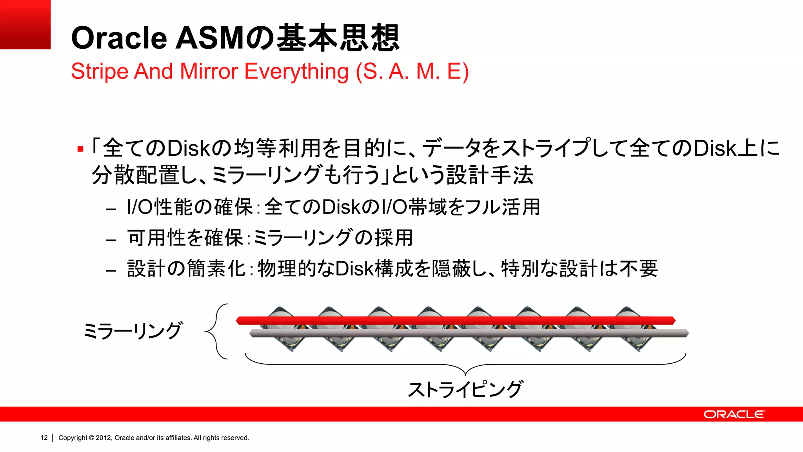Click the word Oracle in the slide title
pos(119,38)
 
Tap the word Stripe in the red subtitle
pos(100,71)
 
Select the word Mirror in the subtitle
pos(209,71)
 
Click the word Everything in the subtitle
pos(296,71)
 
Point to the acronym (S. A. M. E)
pos(412,71)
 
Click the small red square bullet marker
pos(80,149)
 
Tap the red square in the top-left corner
pos(25,24)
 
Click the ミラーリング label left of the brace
pos(133,331)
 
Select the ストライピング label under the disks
pos(465,389)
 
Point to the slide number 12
pos(44,437)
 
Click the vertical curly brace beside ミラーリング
pos(217,332)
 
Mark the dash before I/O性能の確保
pos(111,209)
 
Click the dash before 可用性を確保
pos(111,239)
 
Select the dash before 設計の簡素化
pos(111,270)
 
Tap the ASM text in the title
pos(210,38)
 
